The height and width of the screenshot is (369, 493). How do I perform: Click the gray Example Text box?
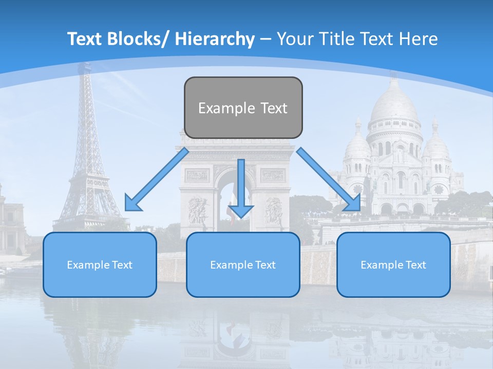243,108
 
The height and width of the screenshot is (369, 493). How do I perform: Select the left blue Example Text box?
100,264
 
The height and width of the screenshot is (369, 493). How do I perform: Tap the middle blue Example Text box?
243,264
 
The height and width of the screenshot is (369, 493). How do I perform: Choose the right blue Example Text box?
393,264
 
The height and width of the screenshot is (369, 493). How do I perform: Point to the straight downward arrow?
241,187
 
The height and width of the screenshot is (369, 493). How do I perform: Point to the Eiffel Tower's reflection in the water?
82,328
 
